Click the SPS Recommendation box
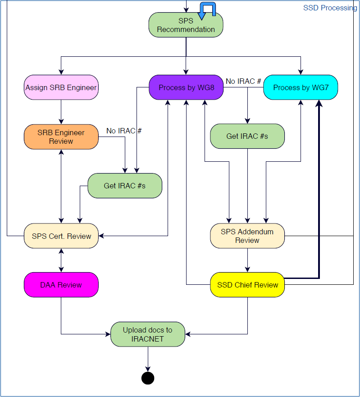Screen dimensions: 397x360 186,25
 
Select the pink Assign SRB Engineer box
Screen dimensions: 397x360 61,87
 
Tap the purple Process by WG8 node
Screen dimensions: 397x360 186,87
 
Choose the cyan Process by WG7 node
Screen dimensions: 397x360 300,87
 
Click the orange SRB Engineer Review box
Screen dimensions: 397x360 61,137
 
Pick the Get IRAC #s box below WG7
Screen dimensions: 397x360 247,136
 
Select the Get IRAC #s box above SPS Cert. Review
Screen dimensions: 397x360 124,186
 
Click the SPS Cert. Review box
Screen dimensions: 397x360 61,236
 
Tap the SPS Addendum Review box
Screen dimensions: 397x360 247,236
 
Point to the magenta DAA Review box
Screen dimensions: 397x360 61,285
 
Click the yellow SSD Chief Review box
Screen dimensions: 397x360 247,285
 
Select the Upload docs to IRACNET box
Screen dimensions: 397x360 147,334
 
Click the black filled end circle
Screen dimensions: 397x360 147,378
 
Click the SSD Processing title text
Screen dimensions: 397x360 330,8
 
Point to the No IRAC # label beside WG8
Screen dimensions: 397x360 243,81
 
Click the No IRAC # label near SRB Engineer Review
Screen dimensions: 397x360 124,131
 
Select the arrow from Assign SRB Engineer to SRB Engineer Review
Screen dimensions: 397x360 61,112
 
